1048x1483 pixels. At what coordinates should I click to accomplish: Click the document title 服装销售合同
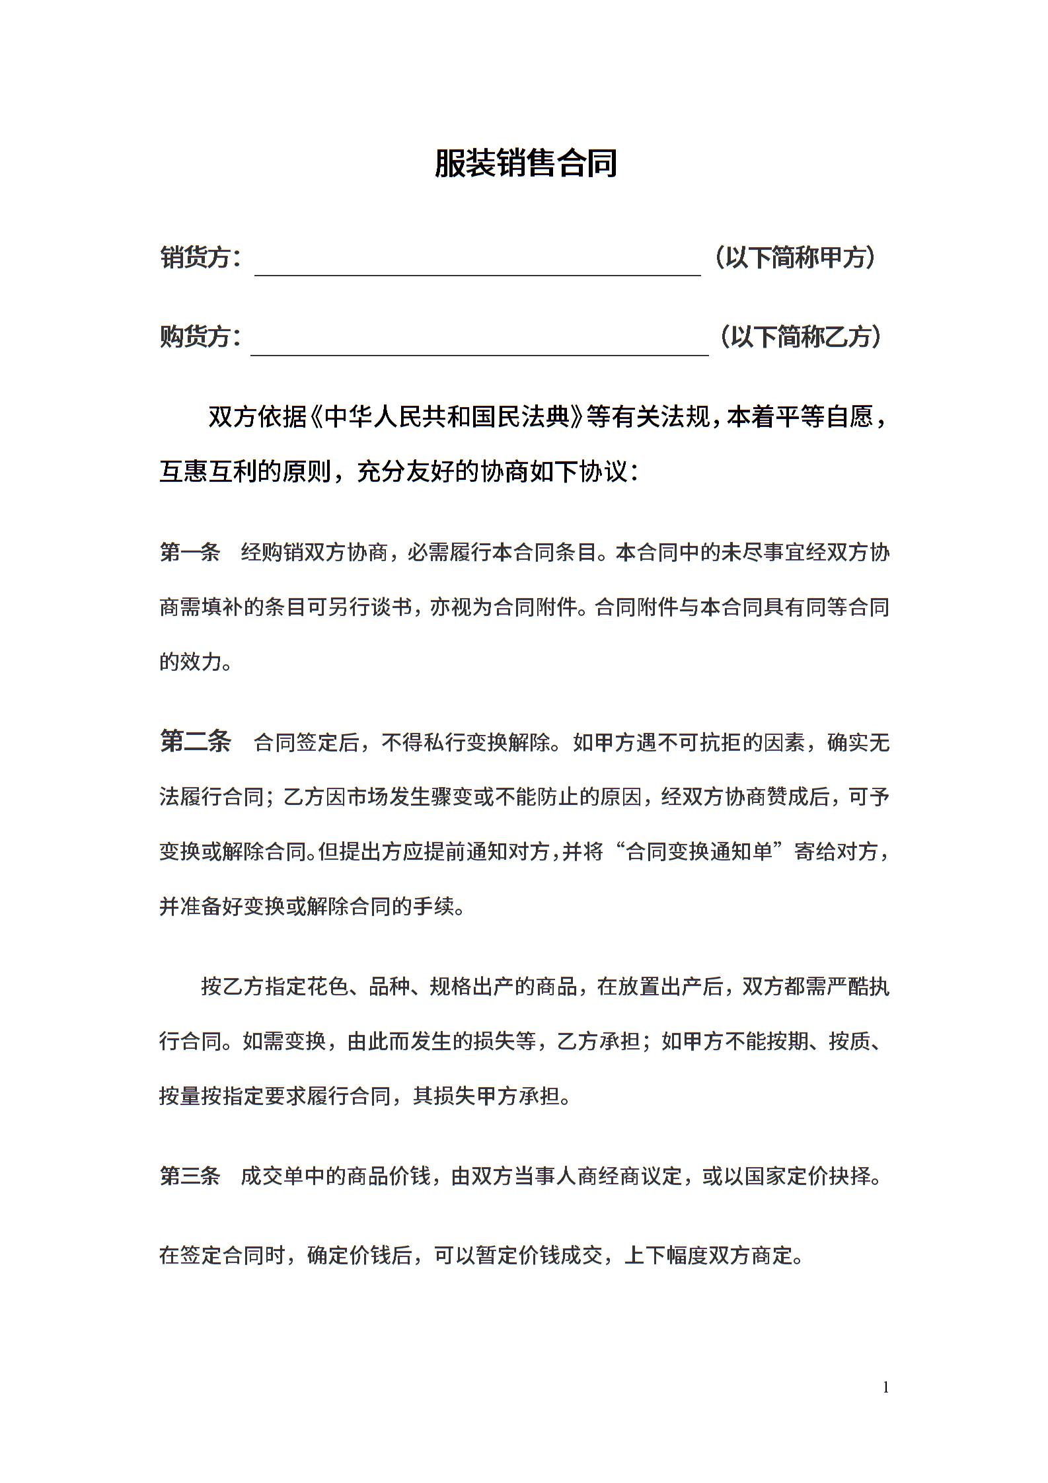(x=525, y=163)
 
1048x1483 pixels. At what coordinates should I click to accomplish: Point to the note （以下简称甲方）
(x=795, y=257)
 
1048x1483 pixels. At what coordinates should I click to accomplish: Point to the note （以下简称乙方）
(x=800, y=337)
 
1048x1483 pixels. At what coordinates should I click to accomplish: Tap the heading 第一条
(x=190, y=552)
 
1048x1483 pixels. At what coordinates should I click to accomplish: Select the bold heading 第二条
(x=196, y=741)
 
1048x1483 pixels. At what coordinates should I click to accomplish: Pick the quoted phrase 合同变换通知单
(x=699, y=852)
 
